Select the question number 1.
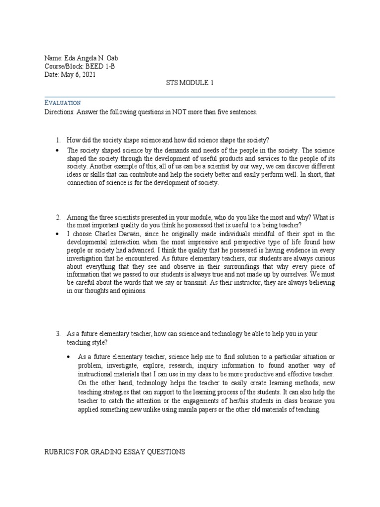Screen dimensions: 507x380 (57, 140)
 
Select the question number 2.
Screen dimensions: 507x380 (57, 217)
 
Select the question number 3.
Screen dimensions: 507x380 (57, 334)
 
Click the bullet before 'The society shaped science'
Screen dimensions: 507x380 (58, 150)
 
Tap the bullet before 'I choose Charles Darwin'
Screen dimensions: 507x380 (58, 234)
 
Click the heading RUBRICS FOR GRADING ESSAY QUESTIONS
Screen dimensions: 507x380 (115, 452)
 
